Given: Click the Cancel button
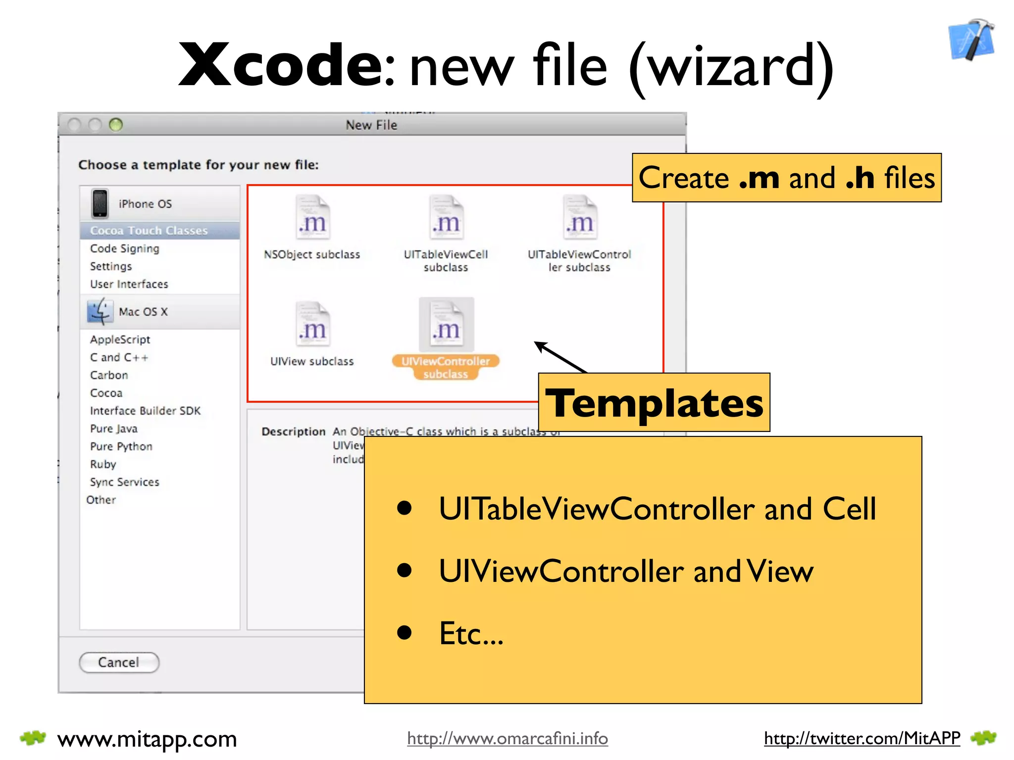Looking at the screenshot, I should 119,663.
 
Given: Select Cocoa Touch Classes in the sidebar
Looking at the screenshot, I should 149,231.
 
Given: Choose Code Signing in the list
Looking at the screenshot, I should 124,248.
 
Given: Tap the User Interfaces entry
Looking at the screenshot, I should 129,284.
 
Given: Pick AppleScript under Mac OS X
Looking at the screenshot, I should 120,339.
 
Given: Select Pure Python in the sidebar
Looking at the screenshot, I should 121,446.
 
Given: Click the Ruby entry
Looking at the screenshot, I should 103,464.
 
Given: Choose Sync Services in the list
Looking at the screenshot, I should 124,482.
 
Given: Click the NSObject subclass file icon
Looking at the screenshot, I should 312,218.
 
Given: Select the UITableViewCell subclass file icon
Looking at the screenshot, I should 446,218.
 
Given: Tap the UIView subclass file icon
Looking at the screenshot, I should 312,325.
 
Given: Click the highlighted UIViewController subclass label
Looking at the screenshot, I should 446,367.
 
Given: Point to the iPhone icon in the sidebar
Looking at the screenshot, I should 100,203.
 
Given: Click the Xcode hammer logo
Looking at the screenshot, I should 971,41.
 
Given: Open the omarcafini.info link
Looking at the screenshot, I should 507,738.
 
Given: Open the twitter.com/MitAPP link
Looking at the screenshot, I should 862,738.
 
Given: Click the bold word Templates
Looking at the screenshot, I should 654,403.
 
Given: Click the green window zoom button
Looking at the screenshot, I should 116,125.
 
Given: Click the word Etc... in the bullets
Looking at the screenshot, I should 471,633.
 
